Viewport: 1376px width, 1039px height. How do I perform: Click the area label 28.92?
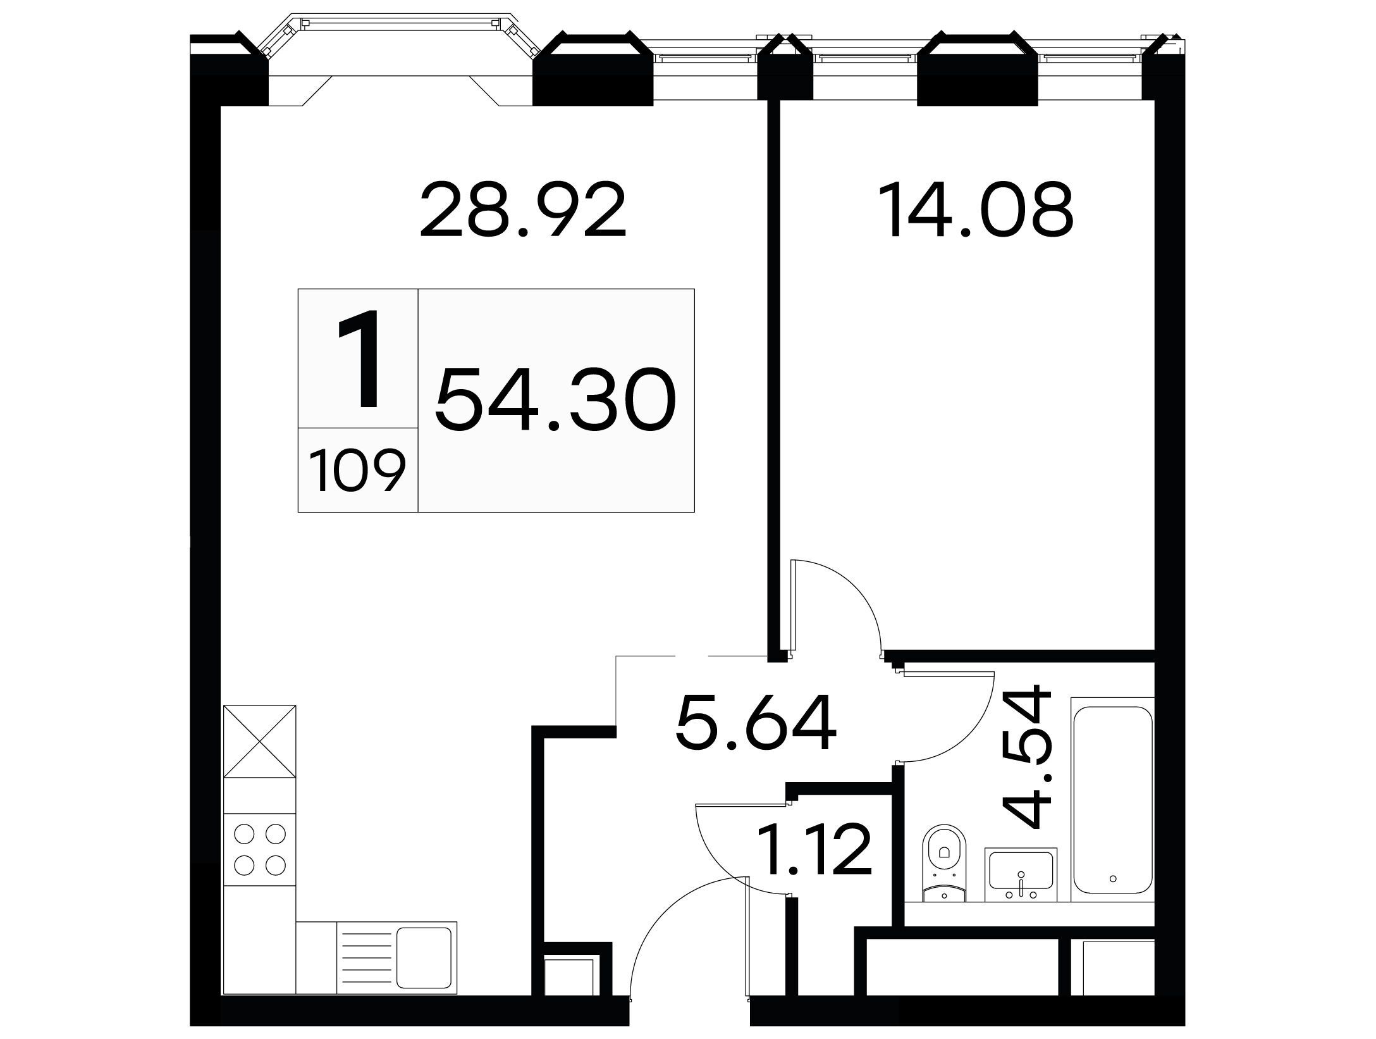click(x=522, y=210)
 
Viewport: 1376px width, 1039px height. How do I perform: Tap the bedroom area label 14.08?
click(x=979, y=210)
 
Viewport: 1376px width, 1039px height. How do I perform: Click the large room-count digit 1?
click(x=360, y=359)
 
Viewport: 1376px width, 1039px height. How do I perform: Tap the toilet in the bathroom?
click(x=945, y=862)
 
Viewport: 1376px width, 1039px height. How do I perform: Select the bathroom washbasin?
click(x=1021, y=874)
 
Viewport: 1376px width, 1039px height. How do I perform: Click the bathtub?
click(x=1112, y=799)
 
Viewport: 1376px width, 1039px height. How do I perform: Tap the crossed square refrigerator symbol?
click(x=260, y=741)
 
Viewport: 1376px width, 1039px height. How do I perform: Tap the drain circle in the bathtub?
click(x=1112, y=878)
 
